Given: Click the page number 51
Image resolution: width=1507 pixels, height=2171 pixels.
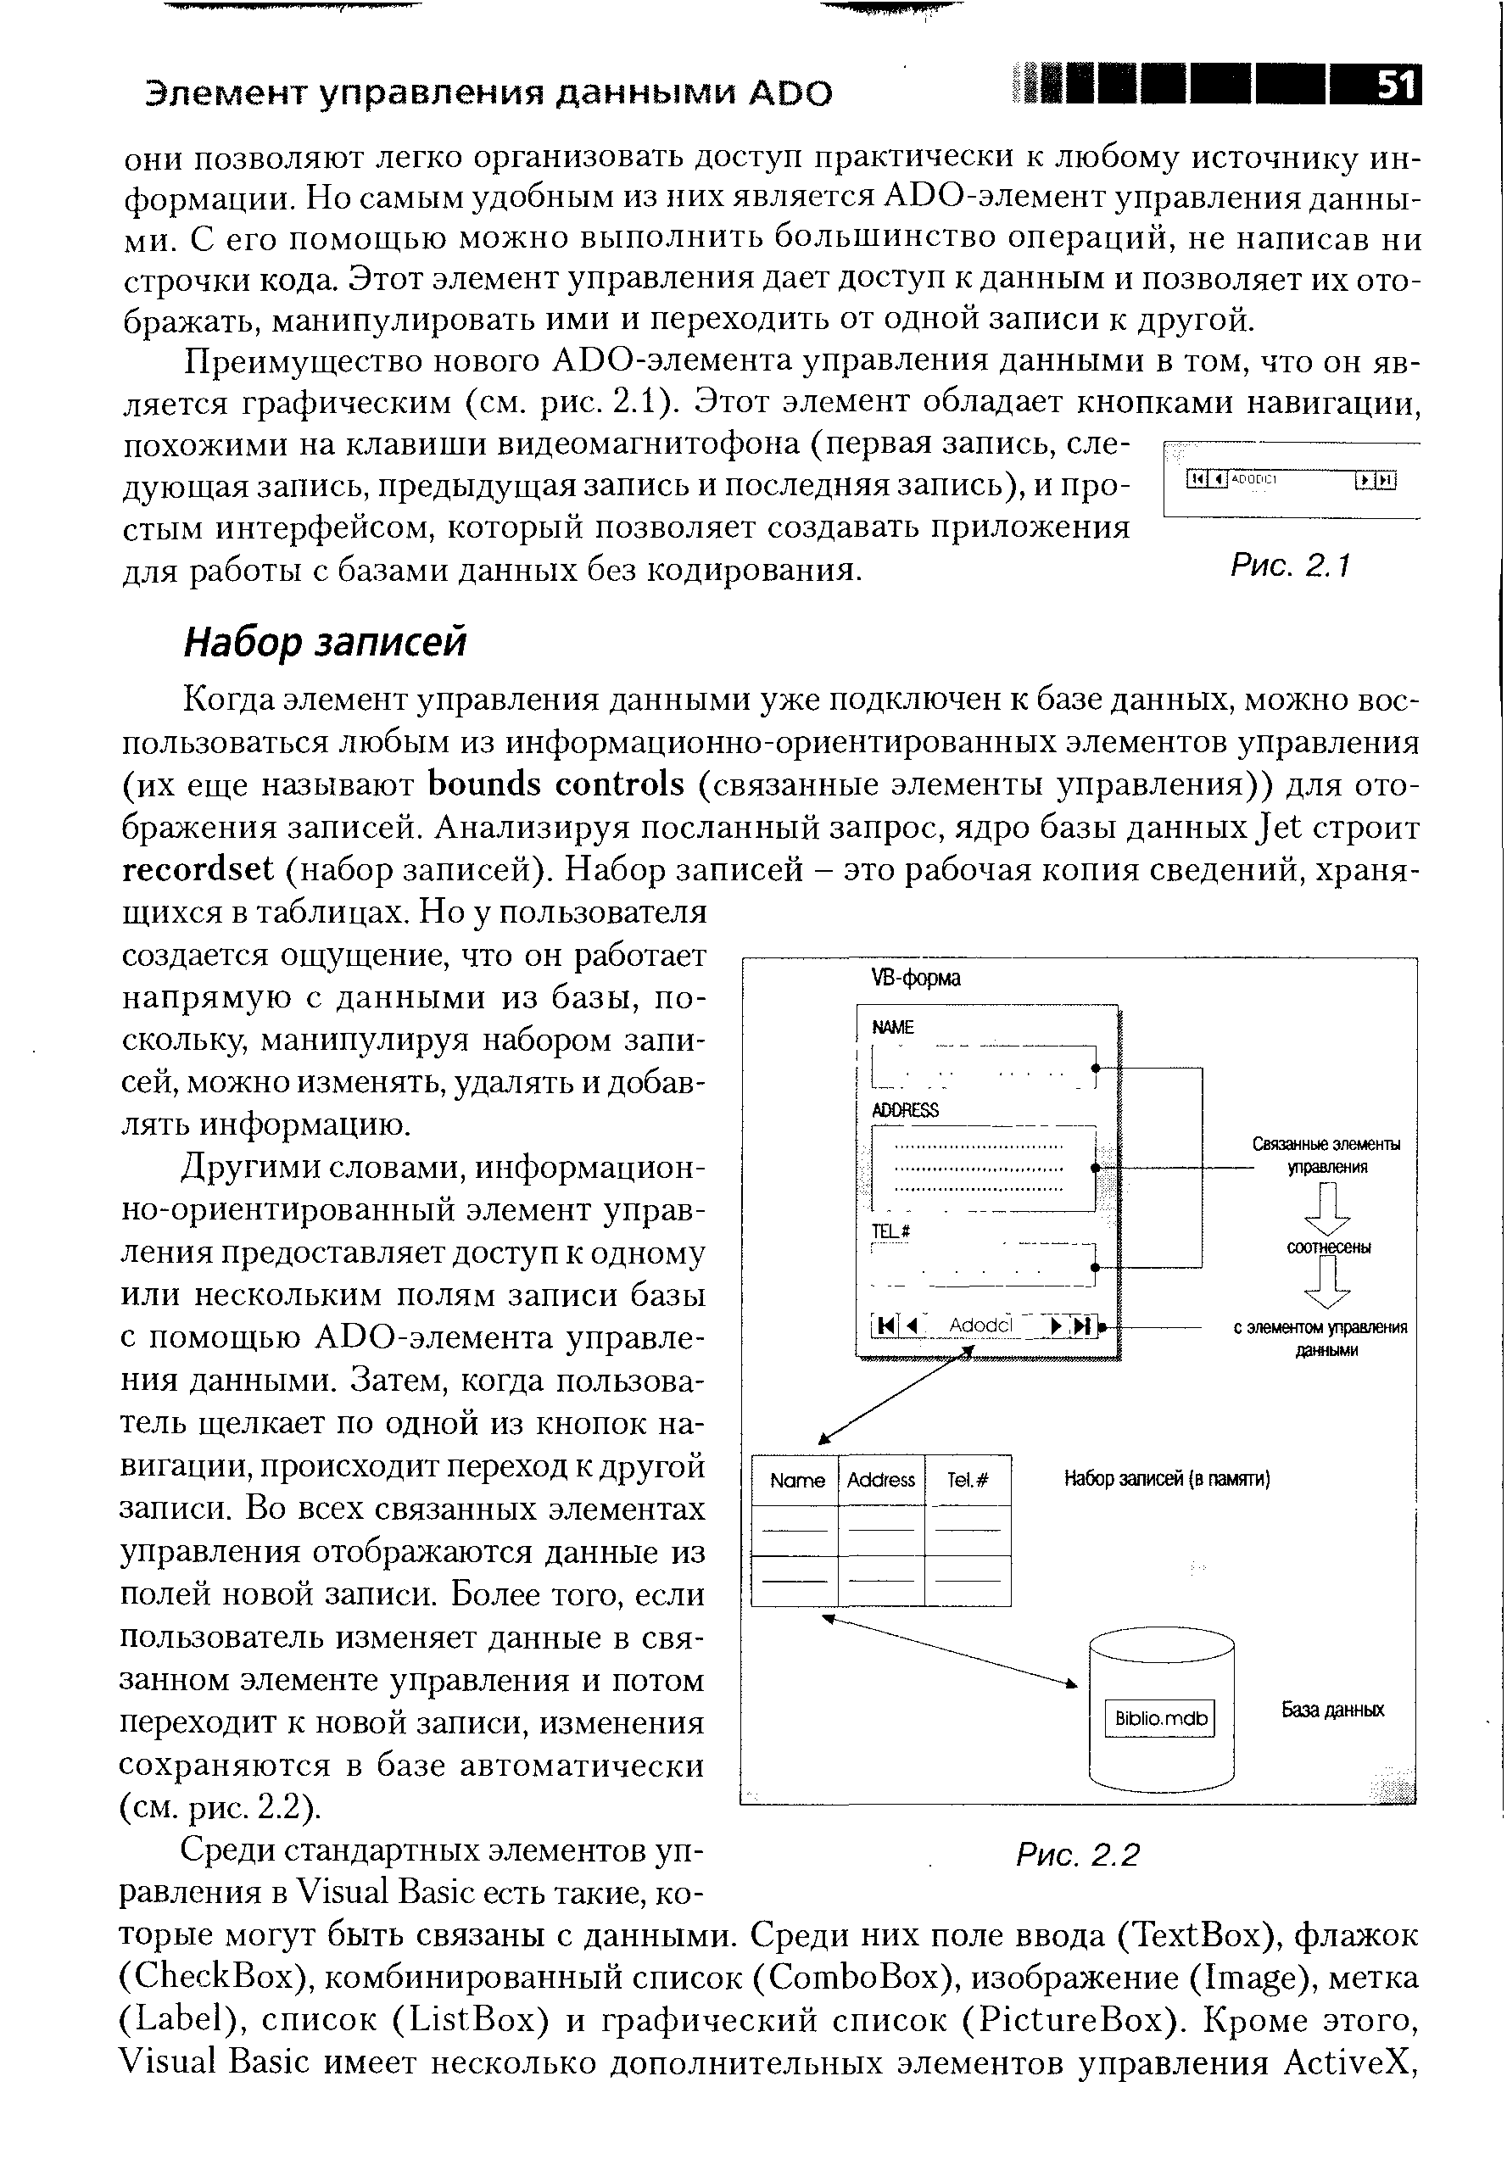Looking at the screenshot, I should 1396,87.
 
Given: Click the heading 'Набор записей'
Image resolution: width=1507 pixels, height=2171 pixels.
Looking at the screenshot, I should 325,643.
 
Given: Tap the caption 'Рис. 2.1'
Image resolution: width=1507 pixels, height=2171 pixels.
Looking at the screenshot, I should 1291,566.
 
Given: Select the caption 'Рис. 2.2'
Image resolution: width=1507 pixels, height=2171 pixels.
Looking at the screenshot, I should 1077,1855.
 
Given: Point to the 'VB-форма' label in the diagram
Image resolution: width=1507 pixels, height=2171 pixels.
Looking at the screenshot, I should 915,979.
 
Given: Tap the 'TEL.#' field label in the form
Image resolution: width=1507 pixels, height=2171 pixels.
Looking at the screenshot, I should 890,1231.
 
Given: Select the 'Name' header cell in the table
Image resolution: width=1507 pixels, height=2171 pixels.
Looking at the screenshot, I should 796,1480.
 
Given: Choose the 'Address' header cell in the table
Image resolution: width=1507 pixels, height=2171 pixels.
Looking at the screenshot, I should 880,1480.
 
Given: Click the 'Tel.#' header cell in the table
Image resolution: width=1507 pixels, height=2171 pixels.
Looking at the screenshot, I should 967,1480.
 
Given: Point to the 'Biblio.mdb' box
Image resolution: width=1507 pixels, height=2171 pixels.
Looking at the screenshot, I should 1159,1718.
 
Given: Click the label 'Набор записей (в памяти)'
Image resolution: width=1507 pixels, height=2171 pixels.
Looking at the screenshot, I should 1166,1479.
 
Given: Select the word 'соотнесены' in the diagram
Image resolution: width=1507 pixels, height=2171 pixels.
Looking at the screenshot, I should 1329,1247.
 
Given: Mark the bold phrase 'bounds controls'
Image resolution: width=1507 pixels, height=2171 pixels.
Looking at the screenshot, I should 555,784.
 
